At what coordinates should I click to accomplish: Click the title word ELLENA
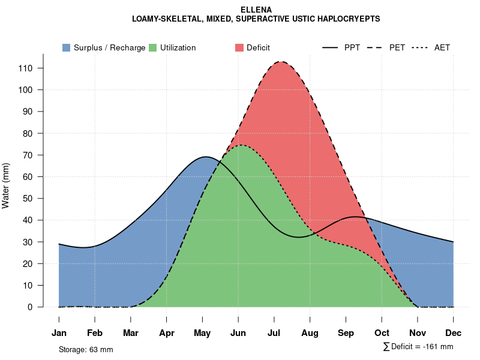pyautogui.click(x=256, y=10)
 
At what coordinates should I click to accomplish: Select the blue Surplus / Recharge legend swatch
pyautogui.click(x=66, y=47)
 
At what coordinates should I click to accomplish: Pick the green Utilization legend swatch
pyautogui.click(x=152, y=47)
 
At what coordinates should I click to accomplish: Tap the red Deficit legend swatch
pyautogui.click(x=239, y=47)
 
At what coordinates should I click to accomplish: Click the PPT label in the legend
pyautogui.click(x=352, y=47)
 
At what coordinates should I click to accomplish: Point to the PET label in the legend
pyautogui.click(x=397, y=47)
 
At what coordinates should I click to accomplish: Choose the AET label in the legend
pyautogui.click(x=442, y=47)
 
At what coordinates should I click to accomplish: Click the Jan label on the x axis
pyautogui.click(x=59, y=333)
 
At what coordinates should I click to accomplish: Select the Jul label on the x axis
pyautogui.click(x=274, y=333)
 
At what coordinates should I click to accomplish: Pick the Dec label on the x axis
pyautogui.click(x=454, y=333)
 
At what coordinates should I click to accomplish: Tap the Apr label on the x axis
pyautogui.click(x=167, y=333)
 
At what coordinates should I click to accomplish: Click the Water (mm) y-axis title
pyautogui.click(x=6, y=186)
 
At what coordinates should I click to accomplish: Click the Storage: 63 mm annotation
pyautogui.click(x=86, y=349)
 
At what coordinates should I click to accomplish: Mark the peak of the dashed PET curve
pyautogui.click(x=280, y=61)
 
